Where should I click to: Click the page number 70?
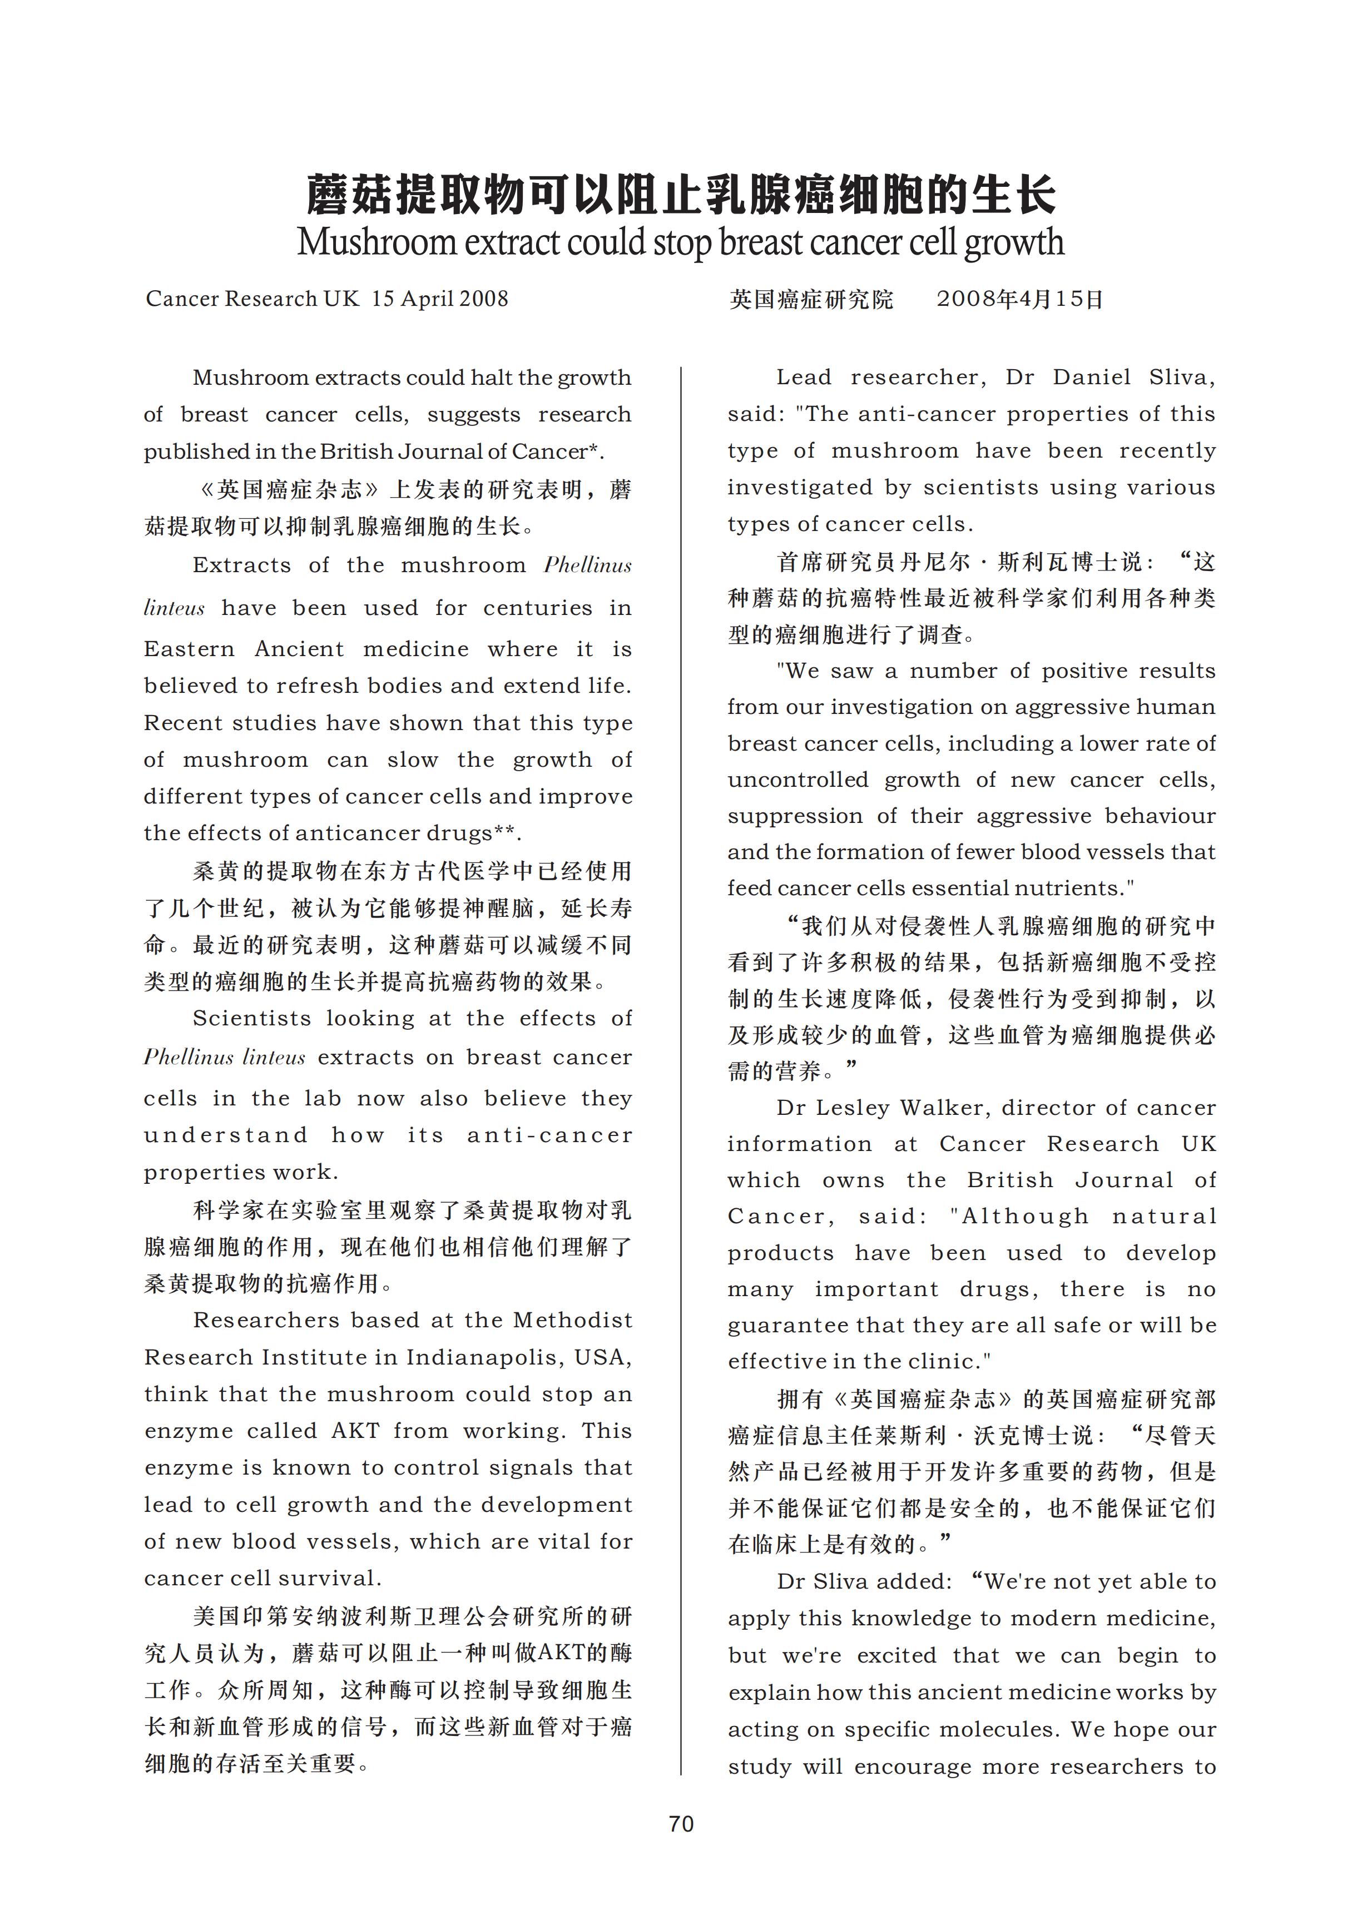coord(681,1824)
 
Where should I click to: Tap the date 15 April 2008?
coord(440,299)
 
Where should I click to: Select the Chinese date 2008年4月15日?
coord(1020,299)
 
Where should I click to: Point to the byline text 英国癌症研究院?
coord(811,299)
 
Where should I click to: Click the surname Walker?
coord(938,1108)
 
